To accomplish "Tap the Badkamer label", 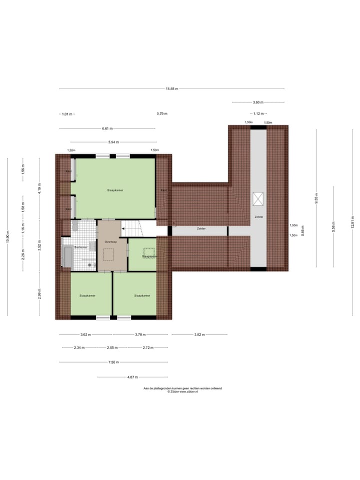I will tap(81, 247).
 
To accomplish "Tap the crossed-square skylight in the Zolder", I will tap(258, 198).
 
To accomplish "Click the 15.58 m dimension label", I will tap(172, 89).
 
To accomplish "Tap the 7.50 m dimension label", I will tap(113, 362).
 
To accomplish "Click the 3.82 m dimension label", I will tap(199, 334).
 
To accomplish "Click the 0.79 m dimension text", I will tap(162, 113).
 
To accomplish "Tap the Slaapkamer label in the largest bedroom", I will tap(115, 190).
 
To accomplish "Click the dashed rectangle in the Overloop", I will tap(109, 254).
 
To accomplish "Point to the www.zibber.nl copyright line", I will tap(182, 392).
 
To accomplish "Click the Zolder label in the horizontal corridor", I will tap(201, 228).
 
